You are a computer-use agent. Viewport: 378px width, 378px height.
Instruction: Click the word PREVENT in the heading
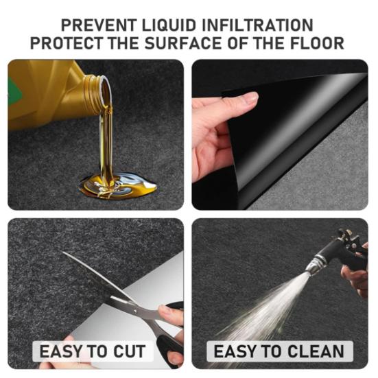click(94, 25)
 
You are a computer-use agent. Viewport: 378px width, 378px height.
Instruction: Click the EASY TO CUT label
click(93, 352)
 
